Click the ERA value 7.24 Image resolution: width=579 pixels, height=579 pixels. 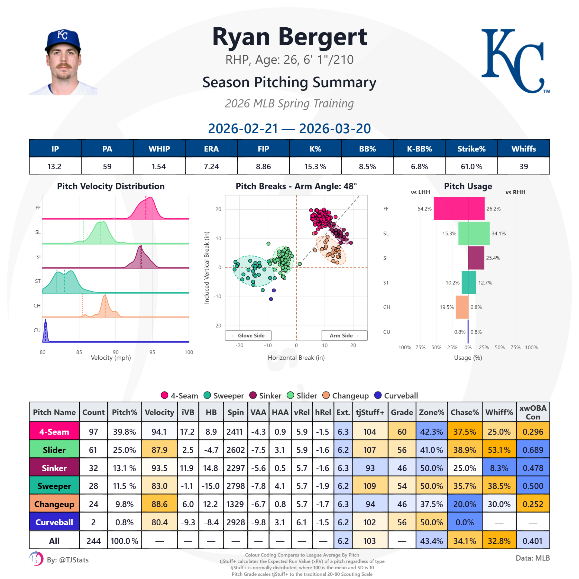[x=211, y=166]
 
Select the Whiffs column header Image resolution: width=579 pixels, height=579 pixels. [x=523, y=149]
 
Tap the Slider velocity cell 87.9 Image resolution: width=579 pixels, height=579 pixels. [x=159, y=450]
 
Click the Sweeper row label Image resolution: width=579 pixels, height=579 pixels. [x=54, y=486]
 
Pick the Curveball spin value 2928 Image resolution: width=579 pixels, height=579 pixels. [x=235, y=522]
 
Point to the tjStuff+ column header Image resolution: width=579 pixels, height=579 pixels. [x=370, y=412]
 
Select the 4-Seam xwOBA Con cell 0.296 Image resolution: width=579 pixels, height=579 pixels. [x=533, y=432]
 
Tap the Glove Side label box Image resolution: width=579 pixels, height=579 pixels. [x=248, y=335]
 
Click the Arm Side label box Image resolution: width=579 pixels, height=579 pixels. [x=344, y=335]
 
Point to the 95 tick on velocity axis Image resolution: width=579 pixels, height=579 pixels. [x=152, y=352]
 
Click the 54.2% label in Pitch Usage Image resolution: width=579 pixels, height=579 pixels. [x=424, y=209]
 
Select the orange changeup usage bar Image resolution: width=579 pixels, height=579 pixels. [x=462, y=307]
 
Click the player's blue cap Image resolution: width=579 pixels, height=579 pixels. [x=63, y=39]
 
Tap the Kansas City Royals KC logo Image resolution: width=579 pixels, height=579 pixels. [x=515, y=61]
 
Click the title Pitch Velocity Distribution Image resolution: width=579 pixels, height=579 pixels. [x=111, y=186]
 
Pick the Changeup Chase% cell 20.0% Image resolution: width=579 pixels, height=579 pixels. [x=464, y=504]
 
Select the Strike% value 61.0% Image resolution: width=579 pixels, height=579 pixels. [x=471, y=166]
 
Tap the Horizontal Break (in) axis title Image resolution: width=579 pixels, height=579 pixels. [x=296, y=358]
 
